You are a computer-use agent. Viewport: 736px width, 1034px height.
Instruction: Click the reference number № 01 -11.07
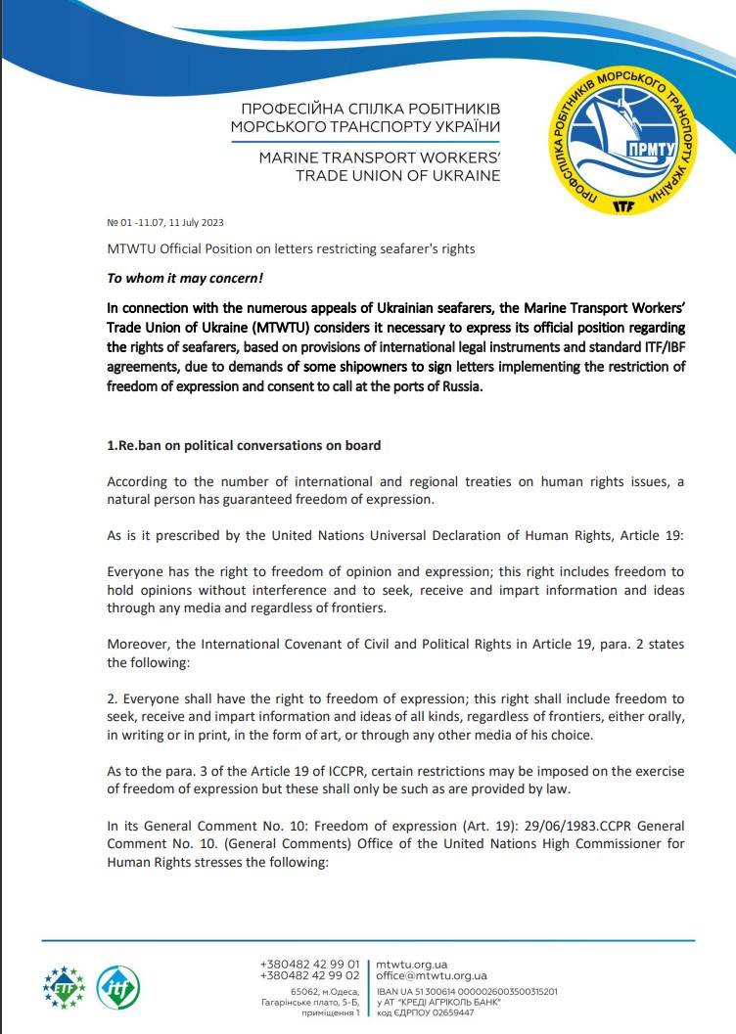[138, 222]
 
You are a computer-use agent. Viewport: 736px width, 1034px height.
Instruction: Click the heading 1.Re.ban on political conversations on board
[244, 445]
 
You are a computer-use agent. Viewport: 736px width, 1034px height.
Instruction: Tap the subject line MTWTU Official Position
[291, 248]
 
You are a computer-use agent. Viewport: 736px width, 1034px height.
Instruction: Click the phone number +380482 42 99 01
[310, 964]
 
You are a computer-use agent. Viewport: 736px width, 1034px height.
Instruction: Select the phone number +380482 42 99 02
[310, 975]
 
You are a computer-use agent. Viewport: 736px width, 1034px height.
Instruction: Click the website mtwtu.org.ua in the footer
[411, 964]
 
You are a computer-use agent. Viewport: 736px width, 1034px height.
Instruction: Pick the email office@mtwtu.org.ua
[432, 975]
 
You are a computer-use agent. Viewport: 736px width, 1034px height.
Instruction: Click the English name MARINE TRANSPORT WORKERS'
[379, 157]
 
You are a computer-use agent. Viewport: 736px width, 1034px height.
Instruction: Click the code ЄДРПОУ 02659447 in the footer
[426, 1012]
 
